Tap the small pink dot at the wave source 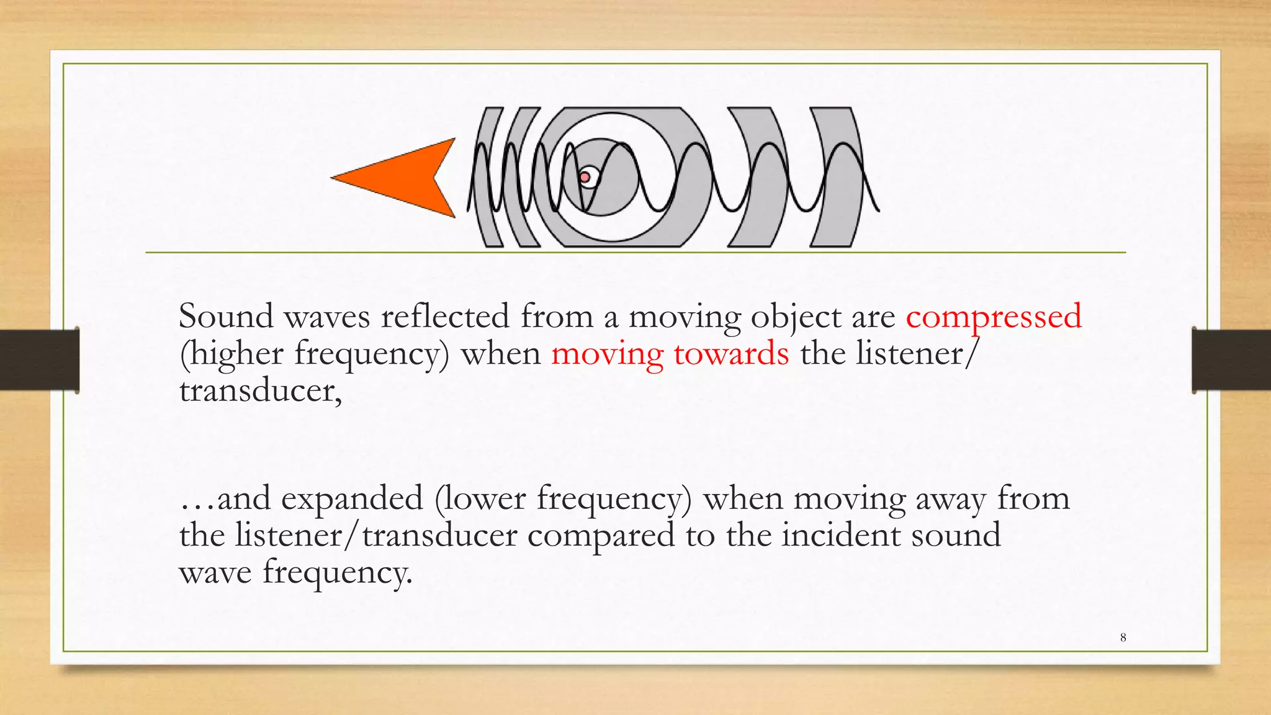coord(585,178)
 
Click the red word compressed coord(994,316)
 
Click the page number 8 coord(1123,637)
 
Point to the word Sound coord(226,316)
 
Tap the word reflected coord(445,316)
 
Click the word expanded coord(351,498)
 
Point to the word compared coord(601,536)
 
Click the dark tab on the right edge coord(1231,359)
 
